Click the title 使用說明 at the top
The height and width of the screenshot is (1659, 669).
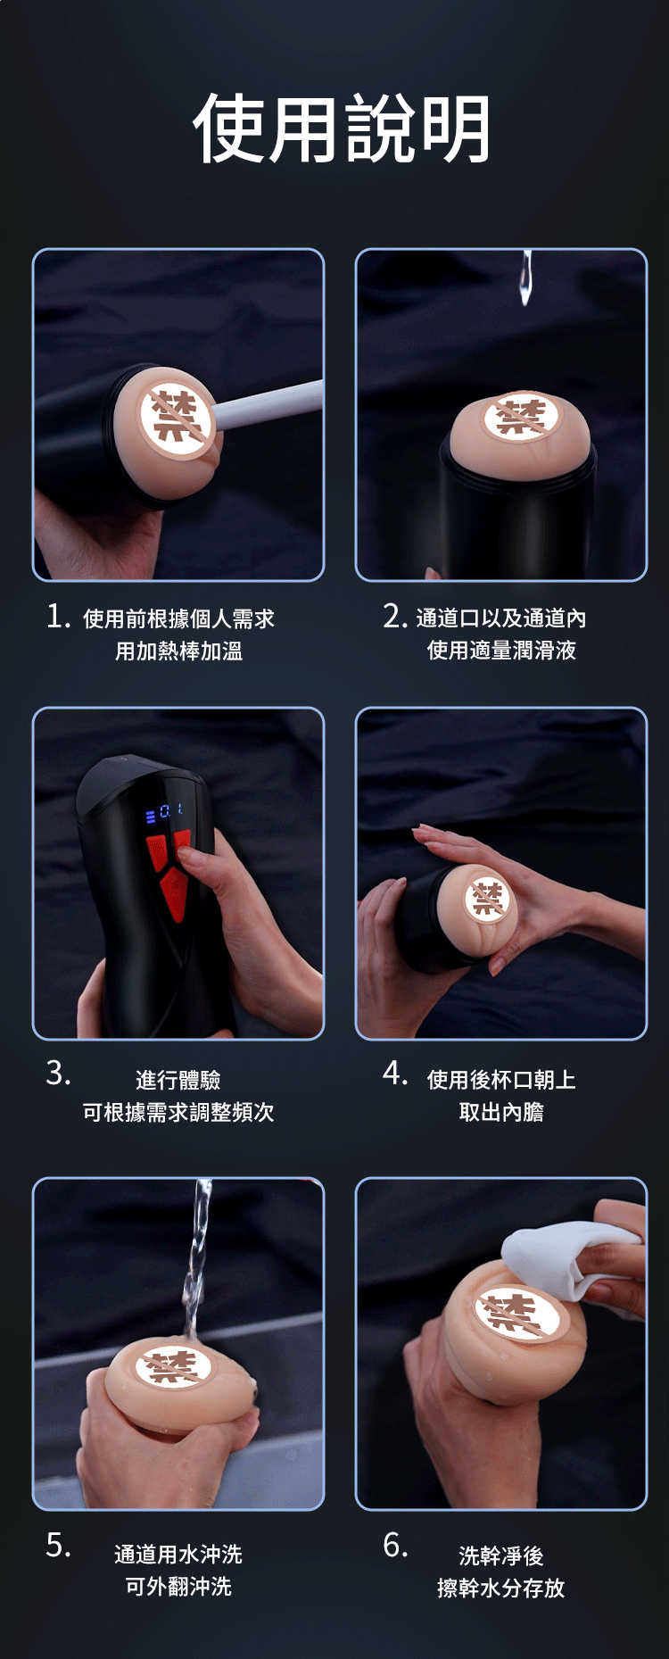tap(342, 129)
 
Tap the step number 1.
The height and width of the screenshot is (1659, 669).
tap(58, 616)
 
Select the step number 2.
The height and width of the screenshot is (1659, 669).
tap(394, 616)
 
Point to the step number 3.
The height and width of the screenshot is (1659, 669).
tap(58, 1073)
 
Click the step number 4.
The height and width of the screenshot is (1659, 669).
tap(394, 1073)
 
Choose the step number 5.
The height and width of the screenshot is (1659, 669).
tap(58, 1544)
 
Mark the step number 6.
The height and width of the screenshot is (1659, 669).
tap(394, 1544)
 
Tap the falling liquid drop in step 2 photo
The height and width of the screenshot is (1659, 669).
tap(526, 278)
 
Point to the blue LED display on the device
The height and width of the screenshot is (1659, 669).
tap(164, 812)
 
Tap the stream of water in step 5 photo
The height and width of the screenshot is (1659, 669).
tap(196, 1267)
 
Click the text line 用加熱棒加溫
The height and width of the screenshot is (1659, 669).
tap(178, 651)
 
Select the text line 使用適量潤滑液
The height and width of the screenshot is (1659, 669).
tap(501, 650)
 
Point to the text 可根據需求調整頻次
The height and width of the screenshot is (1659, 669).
tap(178, 1112)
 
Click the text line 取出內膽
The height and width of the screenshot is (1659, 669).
tap(501, 1112)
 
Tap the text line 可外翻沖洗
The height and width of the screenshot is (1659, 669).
tap(178, 1586)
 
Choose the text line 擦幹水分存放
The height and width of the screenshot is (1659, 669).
tap(501, 1588)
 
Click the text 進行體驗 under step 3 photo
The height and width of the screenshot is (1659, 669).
tap(178, 1080)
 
